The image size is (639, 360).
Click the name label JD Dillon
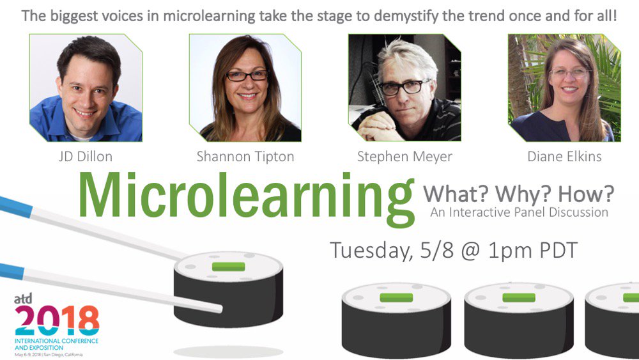[86, 157]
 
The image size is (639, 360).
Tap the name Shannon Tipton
[245, 157]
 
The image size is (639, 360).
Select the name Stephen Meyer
[404, 157]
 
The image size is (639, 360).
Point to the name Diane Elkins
[564, 157]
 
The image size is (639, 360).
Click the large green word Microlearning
[247, 199]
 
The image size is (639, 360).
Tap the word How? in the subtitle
[586, 194]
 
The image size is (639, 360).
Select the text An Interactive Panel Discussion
[519, 212]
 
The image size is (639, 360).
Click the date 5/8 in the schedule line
[437, 250]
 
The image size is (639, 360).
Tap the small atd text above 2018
[23, 299]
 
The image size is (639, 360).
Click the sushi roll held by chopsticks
[229, 289]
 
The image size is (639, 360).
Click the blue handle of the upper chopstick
[15, 207]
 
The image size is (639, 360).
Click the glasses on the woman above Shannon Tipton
[247, 75]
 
